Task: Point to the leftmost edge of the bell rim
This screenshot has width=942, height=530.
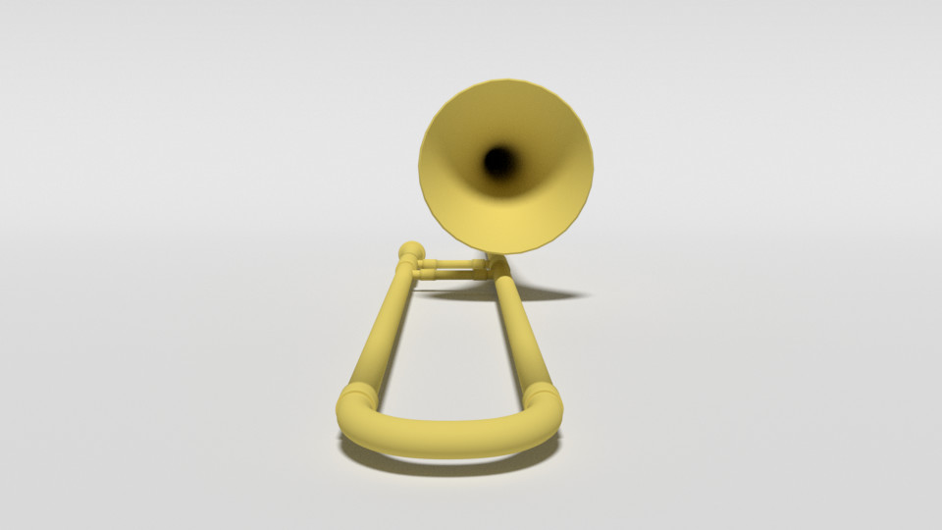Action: tap(420, 167)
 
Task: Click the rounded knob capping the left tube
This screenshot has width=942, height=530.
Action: tap(411, 252)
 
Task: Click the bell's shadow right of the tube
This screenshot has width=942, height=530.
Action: tap(549, 292)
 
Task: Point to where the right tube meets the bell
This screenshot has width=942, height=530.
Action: tap(499, 266)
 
